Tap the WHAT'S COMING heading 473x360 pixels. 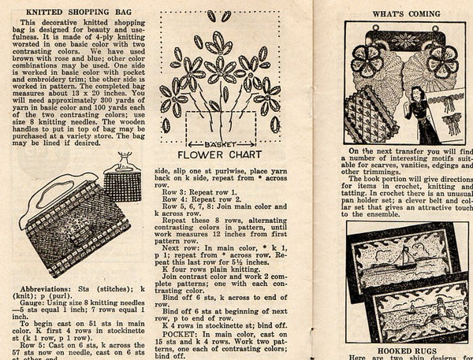(405, 13)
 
